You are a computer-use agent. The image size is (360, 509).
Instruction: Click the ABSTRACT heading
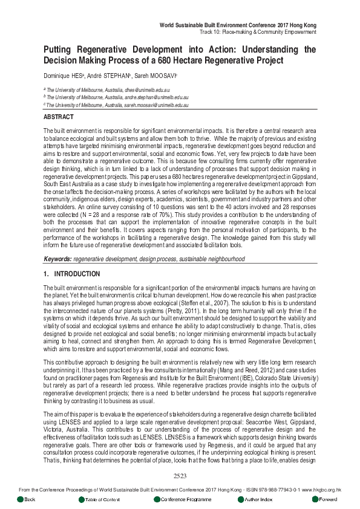pos(59,117)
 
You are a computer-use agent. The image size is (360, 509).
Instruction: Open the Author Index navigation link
pos(259,499)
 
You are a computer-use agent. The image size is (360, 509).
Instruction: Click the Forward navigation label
pos(328,499)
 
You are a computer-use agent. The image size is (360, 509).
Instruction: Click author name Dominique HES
pos(65,76)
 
